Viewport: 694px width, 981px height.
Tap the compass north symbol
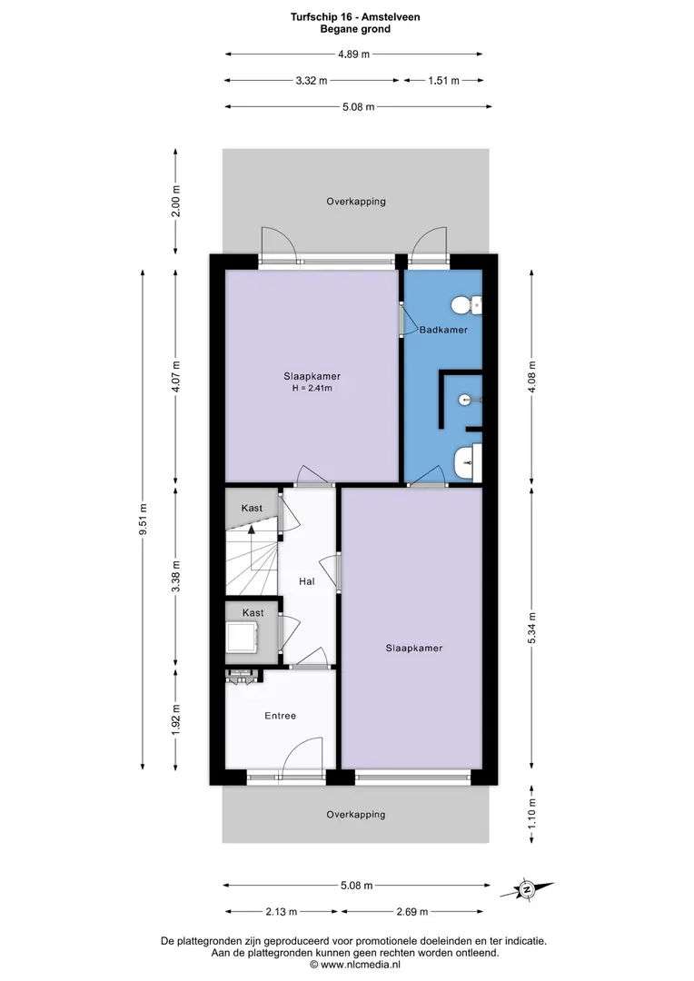click(527, 889)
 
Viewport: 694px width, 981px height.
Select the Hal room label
click(307, 581)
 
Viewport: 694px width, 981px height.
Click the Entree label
click(281, 716)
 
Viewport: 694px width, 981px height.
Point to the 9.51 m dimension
click(144, 520)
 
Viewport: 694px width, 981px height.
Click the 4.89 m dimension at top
click(353, 54)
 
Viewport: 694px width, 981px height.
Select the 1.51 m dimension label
click(443, 80)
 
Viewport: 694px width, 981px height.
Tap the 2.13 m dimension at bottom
click(281, 912)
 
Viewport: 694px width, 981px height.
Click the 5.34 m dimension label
click(532, 628)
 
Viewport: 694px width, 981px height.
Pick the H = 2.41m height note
click(312, 388)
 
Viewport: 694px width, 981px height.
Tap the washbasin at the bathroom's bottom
click(467, 463)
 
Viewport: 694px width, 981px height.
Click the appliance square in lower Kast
click(243, 637)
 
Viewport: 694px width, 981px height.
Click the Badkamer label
click(443, 330)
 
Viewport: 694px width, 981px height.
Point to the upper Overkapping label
click(356, 202)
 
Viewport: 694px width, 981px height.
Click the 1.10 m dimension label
click(532, 814)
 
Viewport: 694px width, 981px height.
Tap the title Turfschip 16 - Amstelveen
click(355, 17)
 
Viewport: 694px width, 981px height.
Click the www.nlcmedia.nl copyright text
click(355, 965)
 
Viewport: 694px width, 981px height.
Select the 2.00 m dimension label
click(176, 202)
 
